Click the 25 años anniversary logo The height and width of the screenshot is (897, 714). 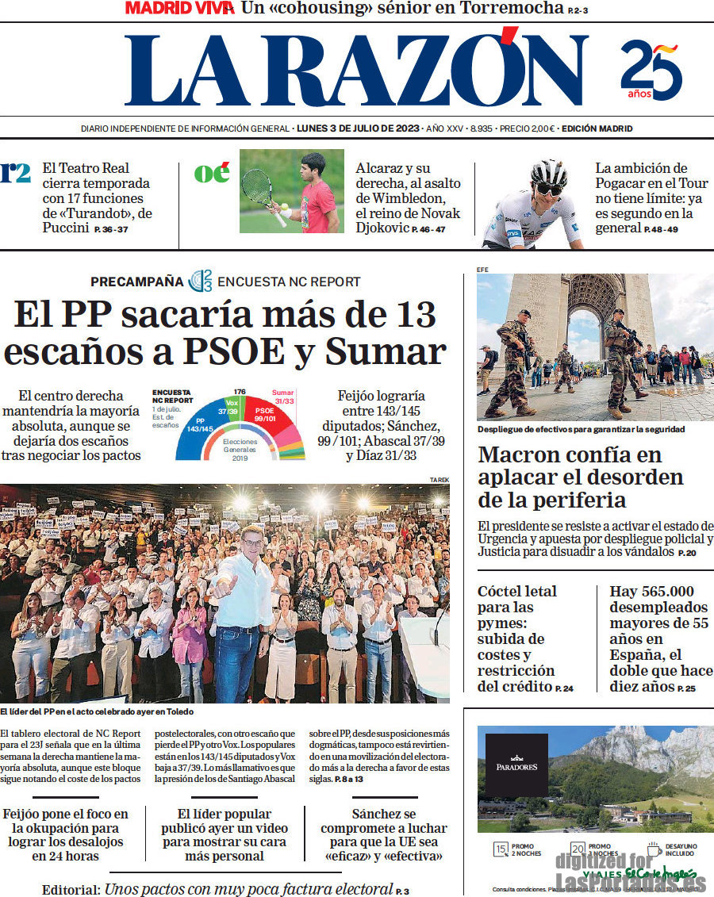[651, 70]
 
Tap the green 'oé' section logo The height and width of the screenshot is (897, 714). [212, 173]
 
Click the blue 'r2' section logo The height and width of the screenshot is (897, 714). [15, 172]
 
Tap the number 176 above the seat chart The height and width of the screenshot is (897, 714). [240, 392]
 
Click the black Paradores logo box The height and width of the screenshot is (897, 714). [516, 765]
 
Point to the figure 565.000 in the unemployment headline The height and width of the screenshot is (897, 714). [651, 592]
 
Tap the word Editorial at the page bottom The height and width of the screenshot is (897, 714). [71, 889]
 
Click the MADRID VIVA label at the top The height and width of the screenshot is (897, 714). [179, 9]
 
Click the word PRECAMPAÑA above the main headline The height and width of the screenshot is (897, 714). [136, 282]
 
